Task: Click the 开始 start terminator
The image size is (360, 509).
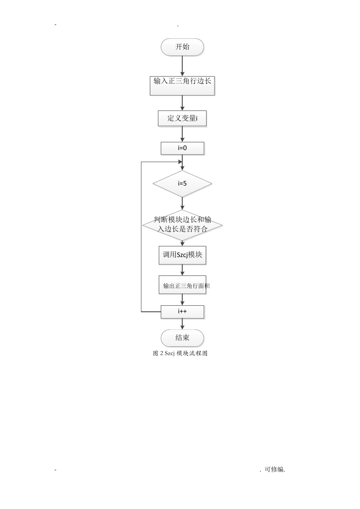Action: (x=182, y=47)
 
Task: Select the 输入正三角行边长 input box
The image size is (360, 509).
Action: (x=182, y=86)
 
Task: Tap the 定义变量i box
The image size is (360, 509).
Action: (x=182, y=118)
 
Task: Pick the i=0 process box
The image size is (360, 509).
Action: (x=182, y=148)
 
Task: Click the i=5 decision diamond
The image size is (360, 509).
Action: (x=182, y=184)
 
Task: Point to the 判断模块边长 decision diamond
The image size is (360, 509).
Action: (x=182, y=225)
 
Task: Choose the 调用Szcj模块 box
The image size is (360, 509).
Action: (x=182, y=255)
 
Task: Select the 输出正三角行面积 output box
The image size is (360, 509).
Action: (x=182, y=285)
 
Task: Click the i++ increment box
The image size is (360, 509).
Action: (x=182, y=312)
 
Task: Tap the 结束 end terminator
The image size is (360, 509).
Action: (x=182, y=338)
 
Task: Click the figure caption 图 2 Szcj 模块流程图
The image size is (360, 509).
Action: (x=180, y=353)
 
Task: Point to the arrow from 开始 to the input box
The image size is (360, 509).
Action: (x=182, y=66)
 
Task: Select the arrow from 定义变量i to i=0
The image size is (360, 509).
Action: (x=182, y=134)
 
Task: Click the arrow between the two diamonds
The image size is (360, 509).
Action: (x=182, y=203)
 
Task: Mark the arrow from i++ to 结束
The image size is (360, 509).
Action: (x=182, y=324)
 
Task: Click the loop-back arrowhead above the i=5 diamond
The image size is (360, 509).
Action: (x=180, y=162)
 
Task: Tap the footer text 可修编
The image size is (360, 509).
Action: (x=274, y=469)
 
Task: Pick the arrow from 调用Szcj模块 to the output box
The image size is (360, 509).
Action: (x=182, y=270)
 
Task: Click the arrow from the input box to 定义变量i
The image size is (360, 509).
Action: (x=182, y=103)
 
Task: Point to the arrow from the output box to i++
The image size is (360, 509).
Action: (x=182, y=300)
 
